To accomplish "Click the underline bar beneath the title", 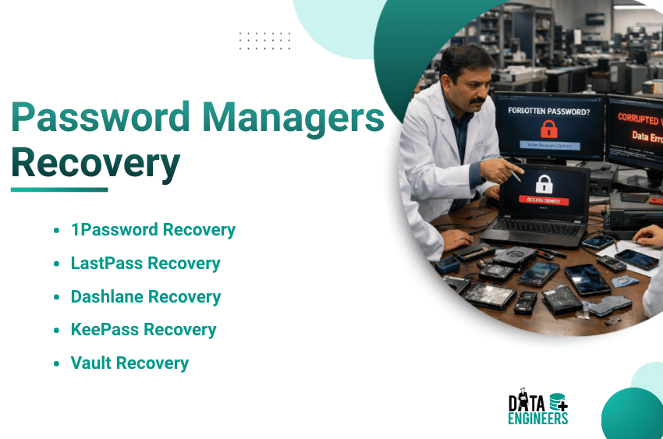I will click(59, 189).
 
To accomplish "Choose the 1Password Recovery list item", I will click(153, 230).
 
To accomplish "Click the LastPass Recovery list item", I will click(145, 264).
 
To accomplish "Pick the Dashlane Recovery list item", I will click(146, 297).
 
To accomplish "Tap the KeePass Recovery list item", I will click(144, 330).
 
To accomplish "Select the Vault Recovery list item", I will click(129, 363).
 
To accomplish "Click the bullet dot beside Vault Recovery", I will click(56, 363).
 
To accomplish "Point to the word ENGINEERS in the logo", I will click(538, 419).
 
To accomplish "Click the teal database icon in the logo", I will click(558, 402).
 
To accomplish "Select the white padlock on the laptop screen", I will click(543, 183).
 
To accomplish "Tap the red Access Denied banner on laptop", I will click(544, 200).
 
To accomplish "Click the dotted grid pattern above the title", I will click(264, 41).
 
